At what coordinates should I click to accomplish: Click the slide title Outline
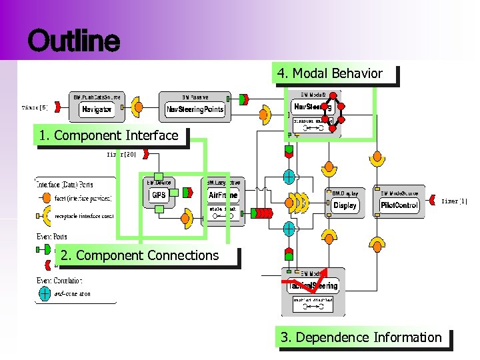pyautogui.click(x=73, y=41)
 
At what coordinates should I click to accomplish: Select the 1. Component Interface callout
pyautogui.click(x=109, y=136)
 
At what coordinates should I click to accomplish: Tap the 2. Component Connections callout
pyautogui.click(x=139, y=255)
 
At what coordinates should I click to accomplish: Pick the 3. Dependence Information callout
pyautogui.click(x=361, y=337)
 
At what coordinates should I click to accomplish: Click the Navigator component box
pyautogui.click(x=97, y=109)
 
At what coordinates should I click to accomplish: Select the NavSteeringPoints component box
pyautogui.click(x=195, y=109)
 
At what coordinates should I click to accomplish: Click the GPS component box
pyautogui.click(x=159, y=195)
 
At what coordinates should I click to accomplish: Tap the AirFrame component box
pyautogui.click(x=223, y=195)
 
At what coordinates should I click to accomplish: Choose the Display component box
pyautogui.click(x=345, y=205)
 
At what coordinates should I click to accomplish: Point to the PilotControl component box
pyautogui.click(x=399, y=205)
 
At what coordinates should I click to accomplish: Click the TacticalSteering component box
pyautogui.click(x=313, y=285)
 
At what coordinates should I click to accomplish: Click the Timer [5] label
pyautogui.click(x=35, y=107)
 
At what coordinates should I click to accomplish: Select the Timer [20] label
pyautogui.click(x=122, y=154)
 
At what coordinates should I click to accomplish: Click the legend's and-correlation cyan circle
pyautogui.click(x=44, y=293)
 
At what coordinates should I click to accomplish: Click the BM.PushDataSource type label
pyautogui.click(x=97, y=97)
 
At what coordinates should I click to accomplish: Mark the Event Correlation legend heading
pyautogui.click(x=59, y=281)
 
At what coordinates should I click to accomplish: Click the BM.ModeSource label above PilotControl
pyautogui.click(x=399, y=193)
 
